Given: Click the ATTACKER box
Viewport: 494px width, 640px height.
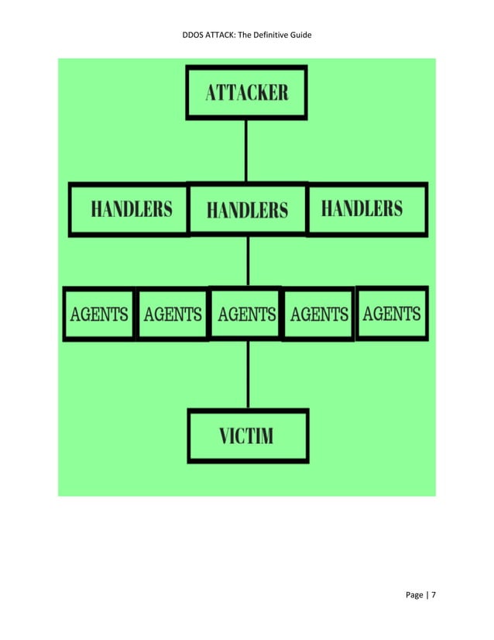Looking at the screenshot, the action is tap(246, 92).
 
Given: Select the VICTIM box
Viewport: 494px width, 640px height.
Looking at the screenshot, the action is tap(248, 435).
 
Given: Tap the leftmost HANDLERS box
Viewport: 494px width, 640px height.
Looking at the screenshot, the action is tap(129, 208).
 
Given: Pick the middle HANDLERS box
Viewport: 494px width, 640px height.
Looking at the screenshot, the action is tap(248, 209).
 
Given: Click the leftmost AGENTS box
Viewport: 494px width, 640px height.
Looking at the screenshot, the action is tap(99, 314).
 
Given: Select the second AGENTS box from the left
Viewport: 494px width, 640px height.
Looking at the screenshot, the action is tap(172, 314).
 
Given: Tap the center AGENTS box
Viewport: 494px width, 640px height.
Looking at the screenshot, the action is tap(246, 314).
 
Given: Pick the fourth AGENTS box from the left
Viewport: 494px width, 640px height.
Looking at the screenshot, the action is tap(318, 314).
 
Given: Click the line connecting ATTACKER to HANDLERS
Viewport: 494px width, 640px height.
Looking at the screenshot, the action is tap(246, 150).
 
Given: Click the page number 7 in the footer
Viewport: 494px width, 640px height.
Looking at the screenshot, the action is tap(434, 594).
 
